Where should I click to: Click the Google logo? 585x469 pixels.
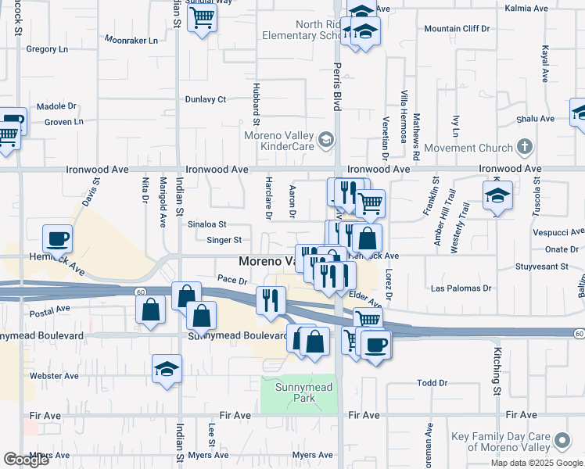click(26, 459)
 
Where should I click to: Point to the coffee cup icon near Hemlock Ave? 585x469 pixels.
click(57, 238)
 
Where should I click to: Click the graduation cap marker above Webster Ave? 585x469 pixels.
click(167, 368)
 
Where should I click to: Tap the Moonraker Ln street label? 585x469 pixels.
click(131, 40)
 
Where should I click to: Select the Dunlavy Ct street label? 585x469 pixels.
click(205, 99)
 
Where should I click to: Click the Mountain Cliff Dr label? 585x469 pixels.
click(457, 29)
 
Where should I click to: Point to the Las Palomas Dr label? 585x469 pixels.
click(461, 288)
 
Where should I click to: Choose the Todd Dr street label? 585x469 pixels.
click(432, 383)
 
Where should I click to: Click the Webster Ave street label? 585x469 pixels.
click(54, 376)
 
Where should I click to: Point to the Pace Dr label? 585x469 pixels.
click(232, 280)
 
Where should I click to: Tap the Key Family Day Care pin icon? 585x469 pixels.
click(562, 442)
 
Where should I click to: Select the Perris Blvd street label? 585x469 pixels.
click(338, 87)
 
